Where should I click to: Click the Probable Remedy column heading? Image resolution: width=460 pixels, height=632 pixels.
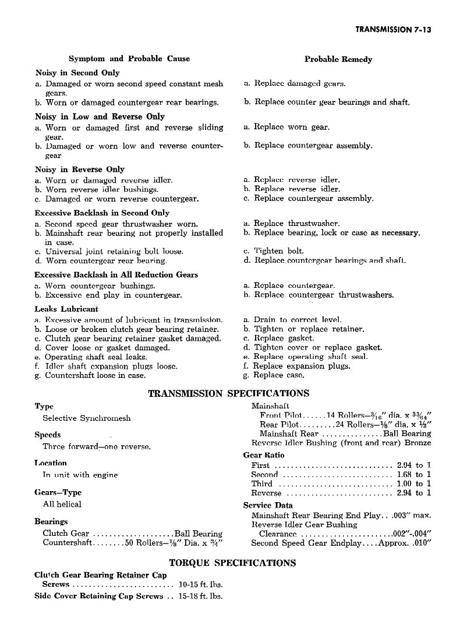pyautogui.click(x=338, y=59)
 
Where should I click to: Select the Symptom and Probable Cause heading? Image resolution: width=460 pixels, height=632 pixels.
pyautogui.click(x=129, y=59)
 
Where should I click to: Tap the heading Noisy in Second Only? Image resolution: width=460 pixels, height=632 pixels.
pyautogui.click(x=77, y=73)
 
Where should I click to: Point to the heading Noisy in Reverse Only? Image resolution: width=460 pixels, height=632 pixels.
pyautogui.click(x=80, y=170)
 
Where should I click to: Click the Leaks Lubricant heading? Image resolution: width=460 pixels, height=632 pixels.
pyautogui.click(x=66, y=309)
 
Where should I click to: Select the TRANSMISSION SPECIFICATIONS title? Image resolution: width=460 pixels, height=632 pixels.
pyautogui.click(x=228, y=394)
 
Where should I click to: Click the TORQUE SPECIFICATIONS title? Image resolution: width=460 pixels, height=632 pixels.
pyautogui.click(x=232, y=563)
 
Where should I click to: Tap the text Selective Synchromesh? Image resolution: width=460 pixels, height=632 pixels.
pyautogui.click(x=86, y=418)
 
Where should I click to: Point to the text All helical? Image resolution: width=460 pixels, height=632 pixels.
pyautogui.click(x=62, y=504)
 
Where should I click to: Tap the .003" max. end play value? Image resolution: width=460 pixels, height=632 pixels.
pyautogui.click(x=414, y=516)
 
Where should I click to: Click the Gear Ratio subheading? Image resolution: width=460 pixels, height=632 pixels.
pyautogui.click(x=264, y=455)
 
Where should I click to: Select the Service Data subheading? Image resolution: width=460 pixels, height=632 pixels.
pyautogui.click(x=268, y=506)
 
